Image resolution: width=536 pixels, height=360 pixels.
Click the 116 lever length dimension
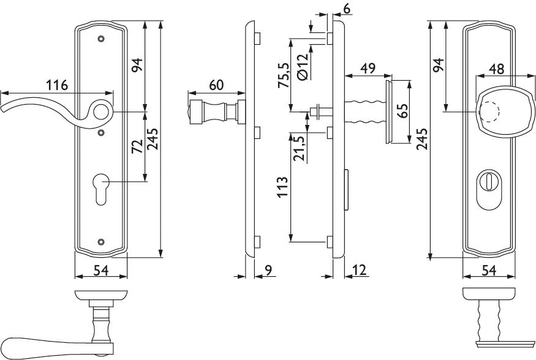(57, 84)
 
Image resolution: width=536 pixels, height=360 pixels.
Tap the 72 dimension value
(137, 146)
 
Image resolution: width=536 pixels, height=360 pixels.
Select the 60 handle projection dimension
(216, 85)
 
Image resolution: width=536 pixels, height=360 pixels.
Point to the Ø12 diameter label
(303, 66)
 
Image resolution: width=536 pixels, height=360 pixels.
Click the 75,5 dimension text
(284, 75)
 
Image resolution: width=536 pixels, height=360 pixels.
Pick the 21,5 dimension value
(300, 148)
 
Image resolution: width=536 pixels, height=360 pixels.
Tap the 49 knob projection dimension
(368, 68)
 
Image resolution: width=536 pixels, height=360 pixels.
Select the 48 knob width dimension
(496, 69)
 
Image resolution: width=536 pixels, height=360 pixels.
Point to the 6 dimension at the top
(347, 9)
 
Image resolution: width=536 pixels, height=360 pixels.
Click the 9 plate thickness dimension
(268, 270)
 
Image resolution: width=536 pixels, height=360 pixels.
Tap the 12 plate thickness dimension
(359, 270)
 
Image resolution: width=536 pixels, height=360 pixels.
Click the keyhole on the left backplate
(101, 189)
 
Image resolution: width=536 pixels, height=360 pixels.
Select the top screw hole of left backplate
(100, 39)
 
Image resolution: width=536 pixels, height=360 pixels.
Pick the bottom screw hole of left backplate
(100, 242)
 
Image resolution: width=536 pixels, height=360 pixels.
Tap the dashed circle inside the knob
(489, 112)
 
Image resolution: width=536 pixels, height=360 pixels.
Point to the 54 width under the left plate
(101, 270)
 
